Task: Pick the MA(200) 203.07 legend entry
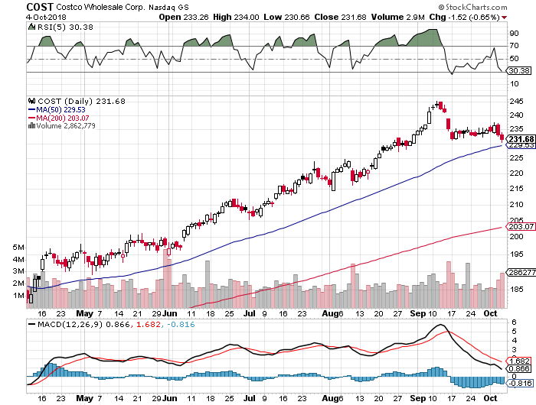coord(61,117)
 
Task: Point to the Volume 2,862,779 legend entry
coord(68,125)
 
